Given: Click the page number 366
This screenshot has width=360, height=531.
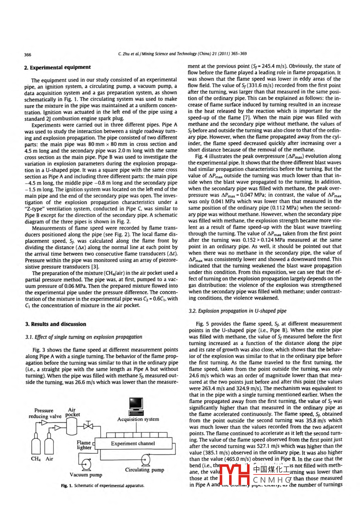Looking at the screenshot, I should [x=27, y=54].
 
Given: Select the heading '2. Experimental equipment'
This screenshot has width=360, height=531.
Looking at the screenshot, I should [x=58, y=67].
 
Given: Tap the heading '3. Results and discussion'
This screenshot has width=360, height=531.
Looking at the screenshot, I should [x=55, y=324].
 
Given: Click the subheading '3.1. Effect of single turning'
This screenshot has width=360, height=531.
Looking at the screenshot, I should [x=84, y=337].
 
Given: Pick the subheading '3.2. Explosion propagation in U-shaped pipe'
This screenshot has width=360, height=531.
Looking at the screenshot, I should [x=238, y=311].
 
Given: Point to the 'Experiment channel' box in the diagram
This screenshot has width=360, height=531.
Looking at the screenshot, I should [x=133, y=444].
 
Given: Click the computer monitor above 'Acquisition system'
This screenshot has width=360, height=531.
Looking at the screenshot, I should [x=136, y=405].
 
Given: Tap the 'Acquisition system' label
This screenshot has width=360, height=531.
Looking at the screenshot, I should [x=138, y=419].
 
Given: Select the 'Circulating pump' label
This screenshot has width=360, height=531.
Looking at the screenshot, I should [x=145, y=470].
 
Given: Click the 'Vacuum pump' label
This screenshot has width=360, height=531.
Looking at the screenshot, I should [x=86, y=475].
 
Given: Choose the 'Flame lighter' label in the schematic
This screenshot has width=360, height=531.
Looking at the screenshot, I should [x=84, y=445].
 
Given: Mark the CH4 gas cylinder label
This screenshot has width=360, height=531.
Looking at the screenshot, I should [x=36, y=459].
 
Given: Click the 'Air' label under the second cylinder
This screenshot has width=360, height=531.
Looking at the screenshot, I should [x=49, y=459].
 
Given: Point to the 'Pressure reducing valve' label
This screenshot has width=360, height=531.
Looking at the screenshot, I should [x=45, y=413].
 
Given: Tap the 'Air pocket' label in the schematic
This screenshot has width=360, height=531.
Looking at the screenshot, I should [x=72, y=412].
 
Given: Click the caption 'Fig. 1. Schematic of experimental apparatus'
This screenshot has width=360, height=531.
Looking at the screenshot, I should [x=102, y=486].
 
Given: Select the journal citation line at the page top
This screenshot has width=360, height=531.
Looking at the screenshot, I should [x=182, y=54].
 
